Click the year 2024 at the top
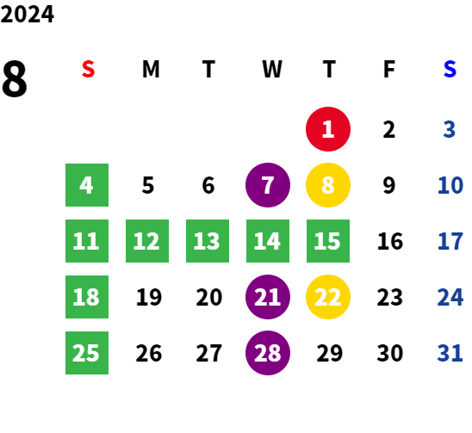click(x=27, y=14)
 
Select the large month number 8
click(x=15, y=79)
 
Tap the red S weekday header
click(x=88, y=69)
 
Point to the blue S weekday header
click(x=450, y=69)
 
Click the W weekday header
click(x=272, y=69)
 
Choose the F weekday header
click(x=389, y=69)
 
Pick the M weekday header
click(x=151, y=69)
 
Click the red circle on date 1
click(x=328, y=129)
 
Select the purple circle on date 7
click(x=268, y=185)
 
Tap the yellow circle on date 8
click(x=328, y=185)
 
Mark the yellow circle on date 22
click(x=328, y=297)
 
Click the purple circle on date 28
click(x=268, y=353)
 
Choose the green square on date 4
click(x=87, y=185)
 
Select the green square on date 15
click(x=328, y=241)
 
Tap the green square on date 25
click(x=87, y=353)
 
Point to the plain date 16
click(x=390, y=241)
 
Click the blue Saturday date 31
click(x=450, y=353)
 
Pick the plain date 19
click(x=149, y=297)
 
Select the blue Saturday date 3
click(x=449, y=129)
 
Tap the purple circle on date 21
click(x=268, y=297)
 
